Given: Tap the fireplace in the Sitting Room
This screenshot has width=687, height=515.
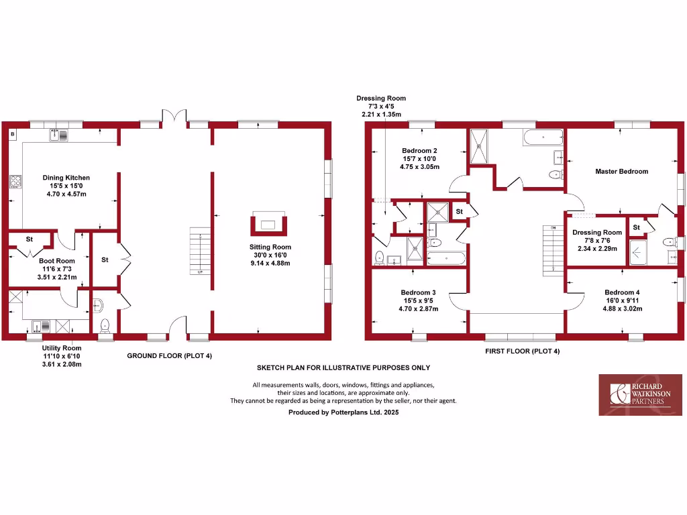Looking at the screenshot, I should pyautogui.click(x=268, y=223).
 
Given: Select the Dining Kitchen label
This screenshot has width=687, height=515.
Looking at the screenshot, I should pyautogui.click(x=66, y=178).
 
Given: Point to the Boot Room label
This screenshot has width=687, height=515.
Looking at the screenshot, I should pyautogui.click(x=56, y=261).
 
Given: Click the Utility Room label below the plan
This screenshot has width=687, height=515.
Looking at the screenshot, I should pyautogui.click(x=62, y=348).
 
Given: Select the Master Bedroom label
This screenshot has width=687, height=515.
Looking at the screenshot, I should pyautogui.click(x=621, y=172).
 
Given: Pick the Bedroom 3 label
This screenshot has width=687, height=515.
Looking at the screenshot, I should pyautogui.click(x=418, y=292).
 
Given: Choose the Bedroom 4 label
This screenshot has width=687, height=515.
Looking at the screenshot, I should pyautogui.click(x=622, y=292).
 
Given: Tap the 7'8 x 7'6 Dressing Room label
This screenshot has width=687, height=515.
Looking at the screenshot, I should pyautogui.click(x=596, y=233).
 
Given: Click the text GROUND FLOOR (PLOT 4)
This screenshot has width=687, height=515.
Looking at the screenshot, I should pyautogui.click(x=169, y=356).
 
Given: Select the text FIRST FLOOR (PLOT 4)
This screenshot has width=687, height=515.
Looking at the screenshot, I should pyautogui.click(x=522, y=351).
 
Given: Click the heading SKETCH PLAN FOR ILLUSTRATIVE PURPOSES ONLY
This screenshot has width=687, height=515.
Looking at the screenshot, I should pyautogui.click(x=343, y=368).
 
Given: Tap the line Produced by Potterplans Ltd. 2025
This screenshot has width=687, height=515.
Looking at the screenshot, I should pyautogui.click(x=343, y=413).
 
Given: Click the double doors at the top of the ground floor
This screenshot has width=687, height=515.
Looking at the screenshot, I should pyautogui.click(x=174, y=116).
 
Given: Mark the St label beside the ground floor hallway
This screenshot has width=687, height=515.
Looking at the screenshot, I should pyautogui.click(x=105, y=260).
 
